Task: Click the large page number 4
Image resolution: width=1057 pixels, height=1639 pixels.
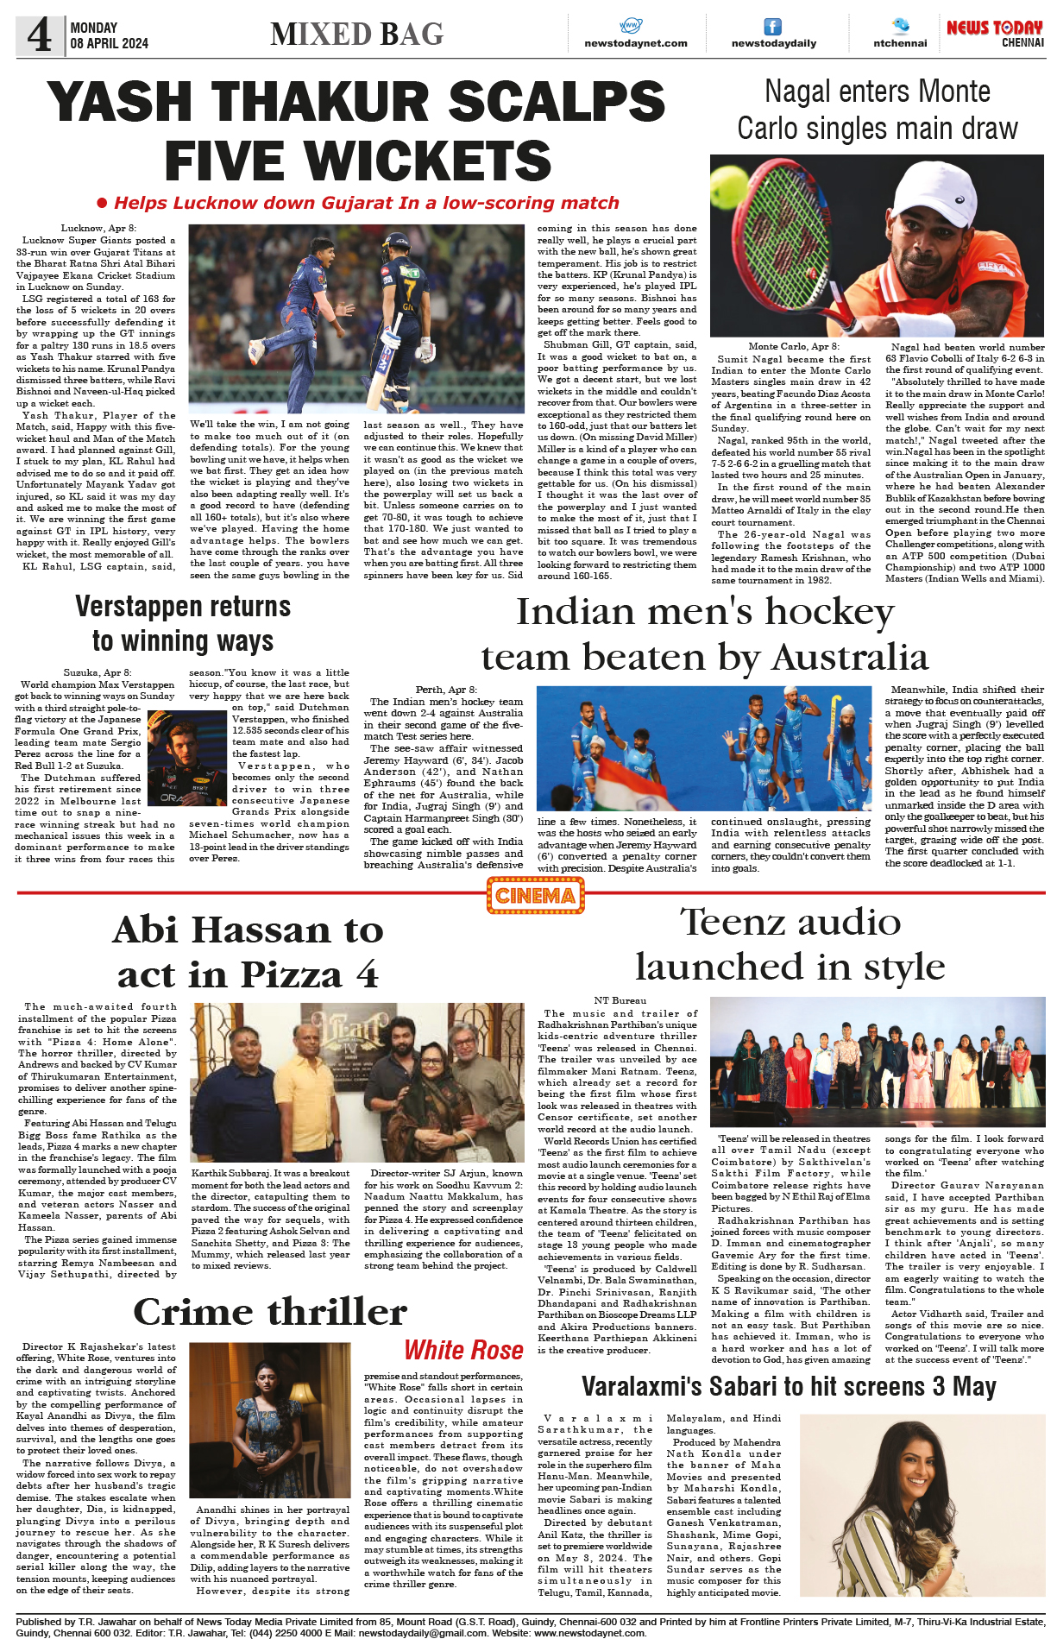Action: pos(39,35)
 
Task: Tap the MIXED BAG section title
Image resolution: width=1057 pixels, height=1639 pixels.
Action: pos(356,35)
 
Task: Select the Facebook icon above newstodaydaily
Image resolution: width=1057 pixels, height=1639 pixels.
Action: pos(772,27)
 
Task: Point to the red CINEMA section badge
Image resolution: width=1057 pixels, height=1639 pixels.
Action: pos(535,895)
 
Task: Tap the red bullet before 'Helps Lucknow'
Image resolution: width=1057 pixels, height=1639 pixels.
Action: pos(102,203)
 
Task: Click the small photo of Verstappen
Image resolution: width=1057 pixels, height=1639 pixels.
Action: pos(187,757)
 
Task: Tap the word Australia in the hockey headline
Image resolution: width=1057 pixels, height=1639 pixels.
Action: pos(850,658)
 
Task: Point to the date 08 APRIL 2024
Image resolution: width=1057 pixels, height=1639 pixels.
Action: pos(110,43)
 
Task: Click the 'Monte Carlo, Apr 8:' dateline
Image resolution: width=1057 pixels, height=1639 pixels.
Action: pos(793,346)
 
